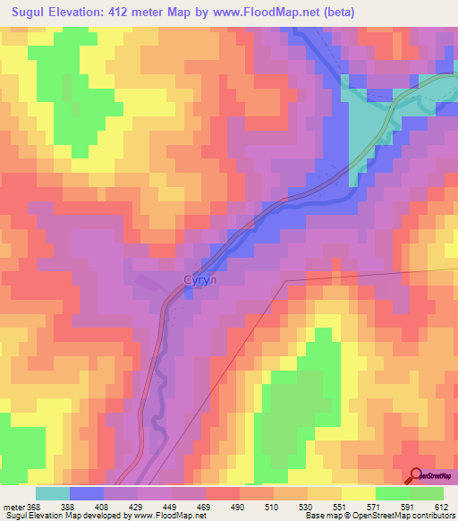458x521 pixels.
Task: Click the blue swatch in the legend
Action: click(86, 493)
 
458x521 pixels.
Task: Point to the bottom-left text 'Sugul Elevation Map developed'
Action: click(54, 517)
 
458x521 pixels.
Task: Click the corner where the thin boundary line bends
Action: click(286, 280)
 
